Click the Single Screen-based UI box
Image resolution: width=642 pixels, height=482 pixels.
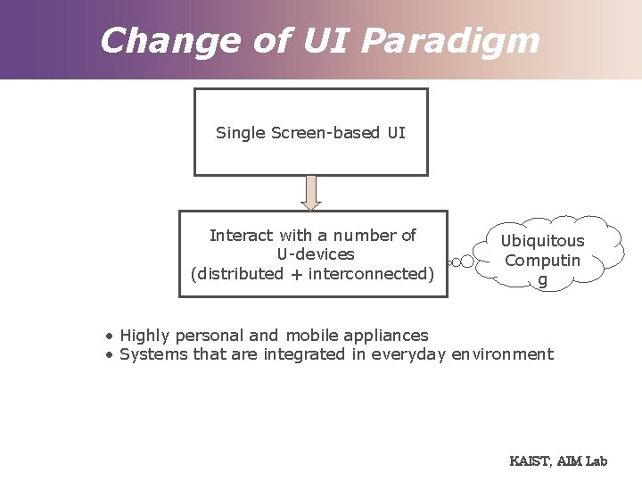tap(310, 132)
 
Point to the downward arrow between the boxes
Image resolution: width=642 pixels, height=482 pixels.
tap(310, 192)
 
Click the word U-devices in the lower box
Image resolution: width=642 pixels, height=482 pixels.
tap(315, 254)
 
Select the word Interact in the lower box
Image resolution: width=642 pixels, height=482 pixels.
tap(241, 236)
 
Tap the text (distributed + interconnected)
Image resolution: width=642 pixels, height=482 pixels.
tap(312, 273)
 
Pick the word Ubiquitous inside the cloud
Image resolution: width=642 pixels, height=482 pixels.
tap(542, 241)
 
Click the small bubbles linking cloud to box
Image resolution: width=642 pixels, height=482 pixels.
tap(459, 262)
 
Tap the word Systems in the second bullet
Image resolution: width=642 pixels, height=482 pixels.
tap(148, 354)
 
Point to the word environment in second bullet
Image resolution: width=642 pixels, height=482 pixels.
tap(502, 354)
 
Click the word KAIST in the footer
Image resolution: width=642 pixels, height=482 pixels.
tap(530, 461)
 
